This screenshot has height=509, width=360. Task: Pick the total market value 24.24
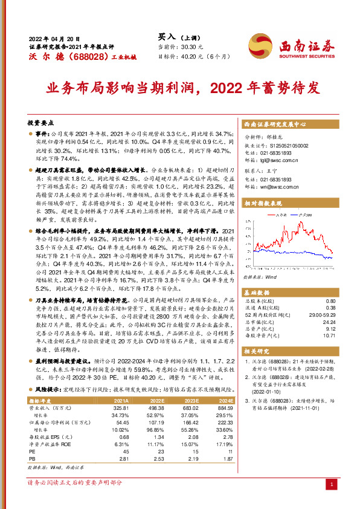tap(329, 323)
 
